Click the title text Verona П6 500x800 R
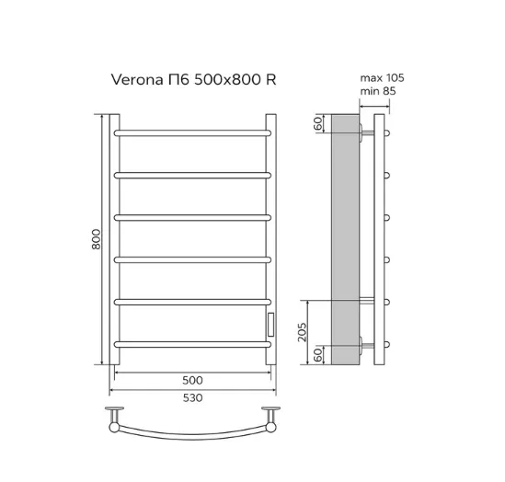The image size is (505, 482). (193, 79)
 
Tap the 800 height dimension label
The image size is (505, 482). (96, 239)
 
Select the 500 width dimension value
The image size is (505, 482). (192, 380)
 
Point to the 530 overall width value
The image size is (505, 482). (192, 398)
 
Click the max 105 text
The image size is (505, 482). (382, 78)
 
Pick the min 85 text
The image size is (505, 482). (378, 91)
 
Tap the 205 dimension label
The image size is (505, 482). (302, 332)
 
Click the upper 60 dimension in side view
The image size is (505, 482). (317, 123)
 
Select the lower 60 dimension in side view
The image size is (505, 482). (317, 355)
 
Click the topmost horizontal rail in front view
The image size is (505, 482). (192, 133)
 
